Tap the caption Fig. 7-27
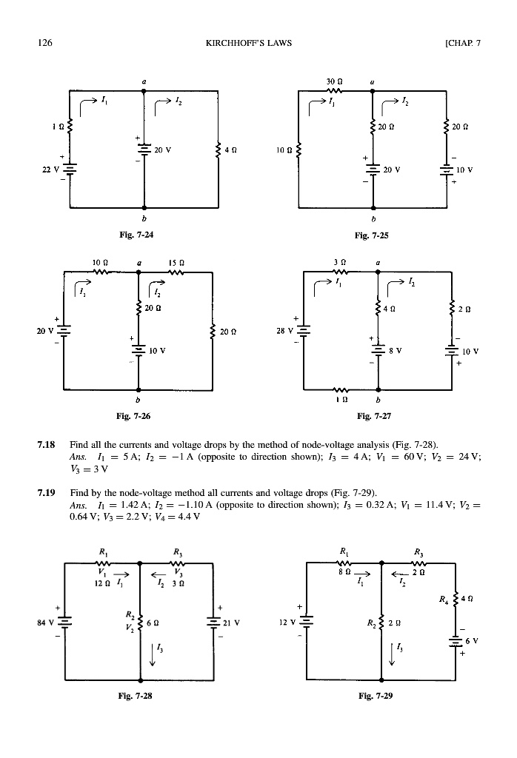coord(374,417)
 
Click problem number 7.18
coord(45,446)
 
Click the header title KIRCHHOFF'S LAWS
coord(248,43)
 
